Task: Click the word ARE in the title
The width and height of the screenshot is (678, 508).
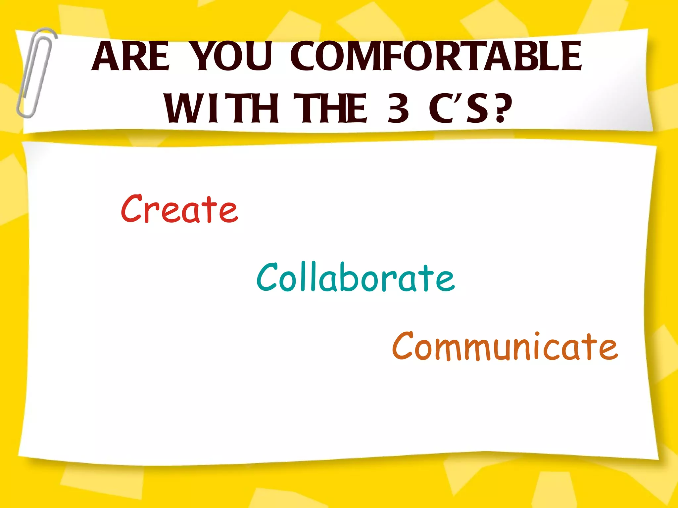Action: tap(131, 56)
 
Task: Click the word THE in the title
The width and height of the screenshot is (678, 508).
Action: tap(330, 108)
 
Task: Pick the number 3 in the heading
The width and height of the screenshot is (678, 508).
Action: tap(398, 108)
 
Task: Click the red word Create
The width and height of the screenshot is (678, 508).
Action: tap(179, 209)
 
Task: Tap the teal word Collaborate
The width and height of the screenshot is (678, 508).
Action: tap(356, 278)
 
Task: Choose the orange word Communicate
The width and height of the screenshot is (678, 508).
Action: tap(505, 346)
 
